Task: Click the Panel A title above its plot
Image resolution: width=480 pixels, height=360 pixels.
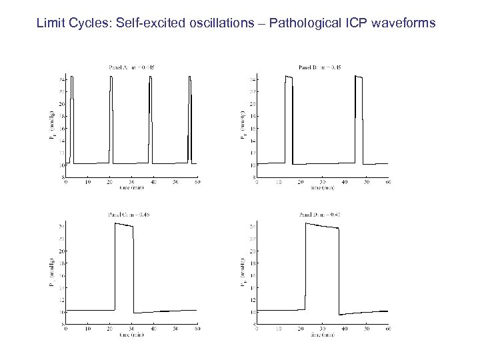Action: coord(131,67)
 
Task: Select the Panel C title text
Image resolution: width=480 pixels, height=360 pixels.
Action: coord(131,214)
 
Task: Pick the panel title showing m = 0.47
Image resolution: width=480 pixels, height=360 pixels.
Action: coord(322,214)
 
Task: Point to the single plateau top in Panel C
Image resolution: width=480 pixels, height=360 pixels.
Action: coord(124,225)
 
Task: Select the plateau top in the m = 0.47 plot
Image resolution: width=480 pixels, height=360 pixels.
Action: coord(322,227)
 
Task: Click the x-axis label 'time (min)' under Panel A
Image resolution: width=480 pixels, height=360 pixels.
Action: coord(131,187)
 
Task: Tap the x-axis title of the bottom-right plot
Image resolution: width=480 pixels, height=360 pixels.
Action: coord(322,335)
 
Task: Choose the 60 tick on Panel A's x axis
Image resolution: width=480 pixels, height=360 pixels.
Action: coord(197,182)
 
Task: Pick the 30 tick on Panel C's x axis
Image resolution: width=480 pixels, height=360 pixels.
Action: coord(131,329)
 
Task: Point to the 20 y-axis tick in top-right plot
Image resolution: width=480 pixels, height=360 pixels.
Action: coord(253,104)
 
